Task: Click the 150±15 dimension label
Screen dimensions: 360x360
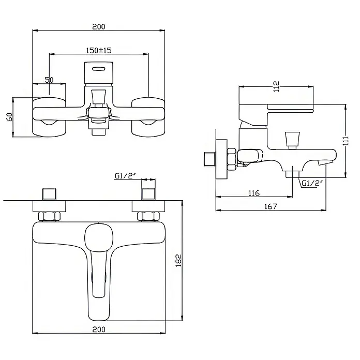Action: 99,50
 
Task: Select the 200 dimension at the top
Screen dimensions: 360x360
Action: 99,26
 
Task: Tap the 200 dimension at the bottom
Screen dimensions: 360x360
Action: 99,329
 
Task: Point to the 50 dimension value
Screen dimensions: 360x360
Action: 49,80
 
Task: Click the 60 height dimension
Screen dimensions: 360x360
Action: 10,117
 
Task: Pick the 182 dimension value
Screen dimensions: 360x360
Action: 178,260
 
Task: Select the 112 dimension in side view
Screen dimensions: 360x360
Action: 276,86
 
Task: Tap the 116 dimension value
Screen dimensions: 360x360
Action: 254,193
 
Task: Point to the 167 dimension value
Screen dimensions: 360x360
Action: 271,206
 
